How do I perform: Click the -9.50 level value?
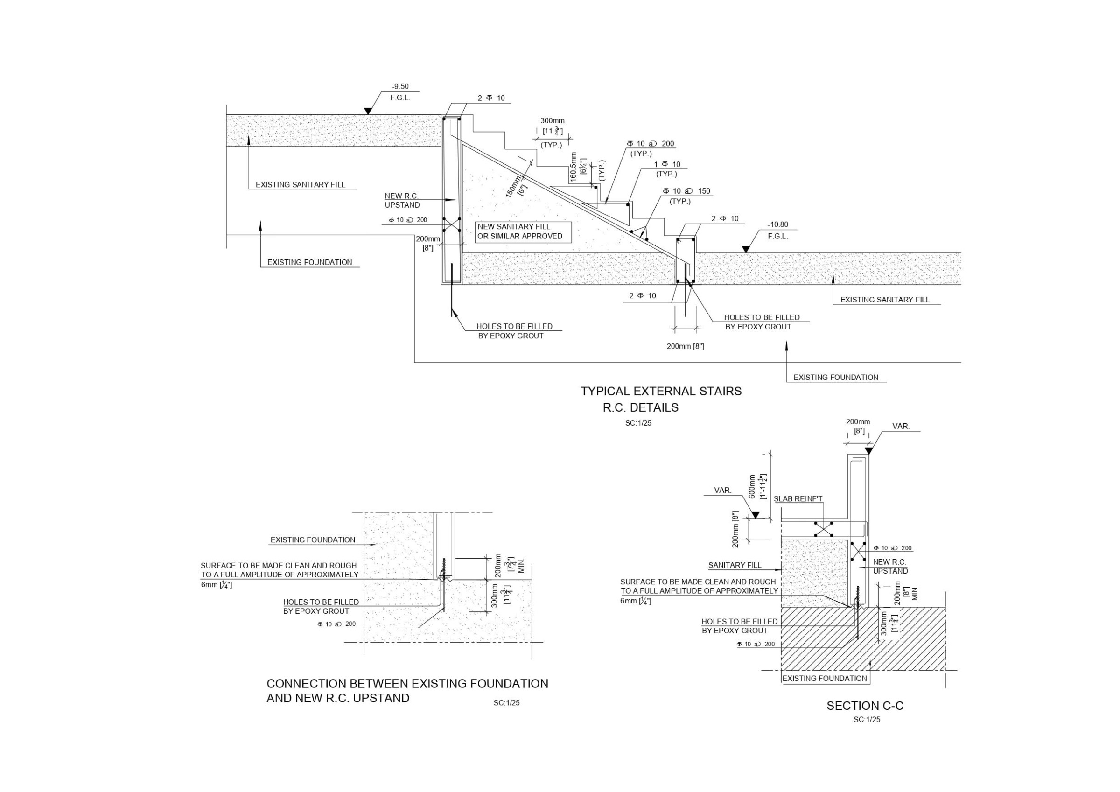[x=400, y=86]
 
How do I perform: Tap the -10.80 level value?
[x=777, y=224]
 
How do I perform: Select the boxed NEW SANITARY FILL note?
[x=523, y=231]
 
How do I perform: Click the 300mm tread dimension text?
[x=552, y=120]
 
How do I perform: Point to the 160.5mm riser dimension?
[x=574, y=167]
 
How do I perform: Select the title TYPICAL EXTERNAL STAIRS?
[x=661, y=392]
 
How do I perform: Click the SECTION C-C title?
[x=865, y=706]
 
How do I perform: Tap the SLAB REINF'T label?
[x=798, y=499]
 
